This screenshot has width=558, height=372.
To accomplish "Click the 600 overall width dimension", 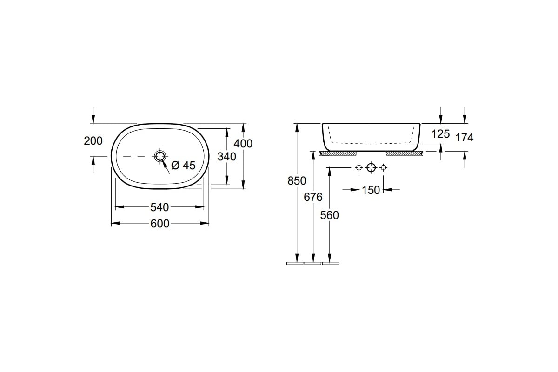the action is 159,224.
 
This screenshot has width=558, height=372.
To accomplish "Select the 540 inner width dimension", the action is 159,207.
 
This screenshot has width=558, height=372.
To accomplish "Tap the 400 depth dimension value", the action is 243,144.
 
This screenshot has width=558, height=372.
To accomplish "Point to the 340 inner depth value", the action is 227,157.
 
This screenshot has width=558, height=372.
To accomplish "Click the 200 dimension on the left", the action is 93,141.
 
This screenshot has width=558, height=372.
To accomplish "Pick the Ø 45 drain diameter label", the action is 184,165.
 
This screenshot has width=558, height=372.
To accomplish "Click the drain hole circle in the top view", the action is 160,156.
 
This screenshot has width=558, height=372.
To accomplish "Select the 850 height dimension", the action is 297,181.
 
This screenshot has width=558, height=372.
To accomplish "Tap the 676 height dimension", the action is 313,197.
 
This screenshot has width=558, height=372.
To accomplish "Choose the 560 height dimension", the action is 330,215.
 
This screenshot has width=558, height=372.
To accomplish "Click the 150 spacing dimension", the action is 371,190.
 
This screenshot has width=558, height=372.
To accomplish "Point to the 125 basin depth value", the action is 441,134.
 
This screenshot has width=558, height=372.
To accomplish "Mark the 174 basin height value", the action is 465,138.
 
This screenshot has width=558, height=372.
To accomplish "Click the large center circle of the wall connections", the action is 371,167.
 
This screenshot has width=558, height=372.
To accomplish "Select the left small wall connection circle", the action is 359,167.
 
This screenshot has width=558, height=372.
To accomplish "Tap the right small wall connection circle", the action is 383,167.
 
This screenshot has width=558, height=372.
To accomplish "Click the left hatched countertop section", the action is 338,153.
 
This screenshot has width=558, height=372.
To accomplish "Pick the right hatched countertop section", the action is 404,153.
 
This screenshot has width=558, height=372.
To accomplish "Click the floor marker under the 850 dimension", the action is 295,263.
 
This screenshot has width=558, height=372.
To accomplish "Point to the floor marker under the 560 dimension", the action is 331,263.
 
